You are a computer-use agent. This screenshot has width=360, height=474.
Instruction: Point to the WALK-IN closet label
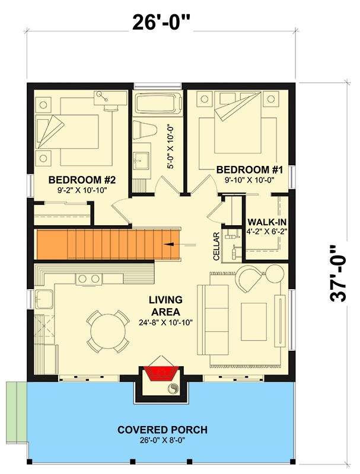click(x=266, y=220)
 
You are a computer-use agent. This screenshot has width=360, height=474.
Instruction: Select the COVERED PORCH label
click(x=162, y=430)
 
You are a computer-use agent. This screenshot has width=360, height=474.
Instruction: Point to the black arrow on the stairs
click(x=172, y=243)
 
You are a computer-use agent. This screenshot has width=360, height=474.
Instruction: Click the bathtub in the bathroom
click(x=157, y=104)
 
